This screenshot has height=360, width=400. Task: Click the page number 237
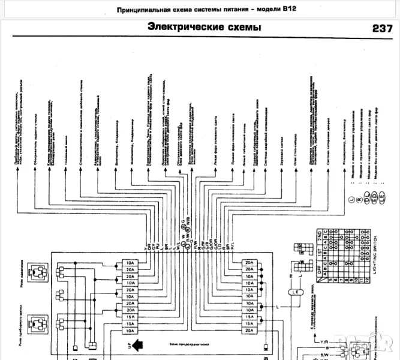(382, 28)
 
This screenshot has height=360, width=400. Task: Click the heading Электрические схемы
(204, 28)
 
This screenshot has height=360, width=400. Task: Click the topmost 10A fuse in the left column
(130, 263)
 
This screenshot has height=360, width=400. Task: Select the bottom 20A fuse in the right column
(249, 330)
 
